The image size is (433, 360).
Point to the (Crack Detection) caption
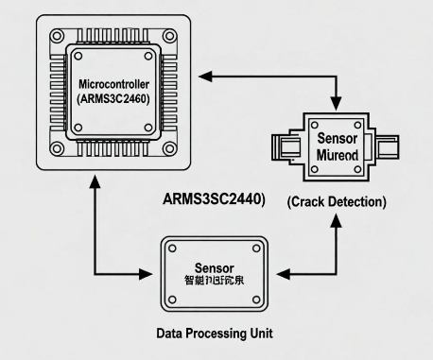338,202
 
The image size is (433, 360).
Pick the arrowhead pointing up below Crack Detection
337,218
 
